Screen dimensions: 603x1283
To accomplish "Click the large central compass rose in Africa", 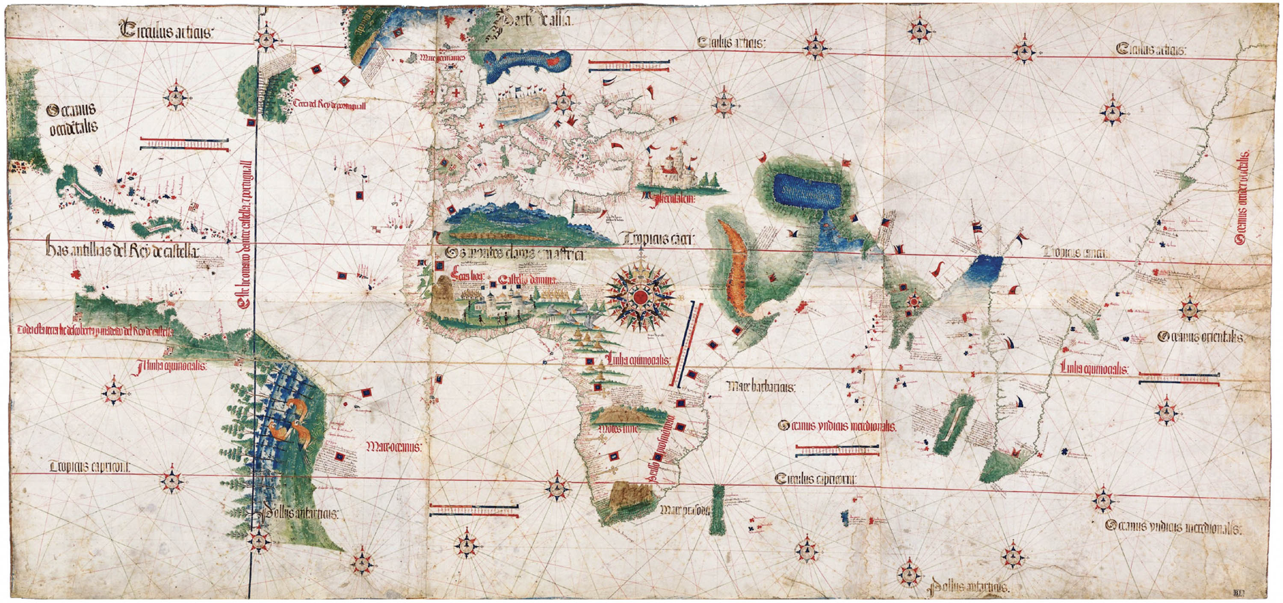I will point(641,297).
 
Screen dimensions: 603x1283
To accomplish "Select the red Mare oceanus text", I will point(394,446).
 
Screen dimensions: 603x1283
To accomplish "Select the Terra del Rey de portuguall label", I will point(330,105).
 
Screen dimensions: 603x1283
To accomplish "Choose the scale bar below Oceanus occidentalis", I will point(185,145).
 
